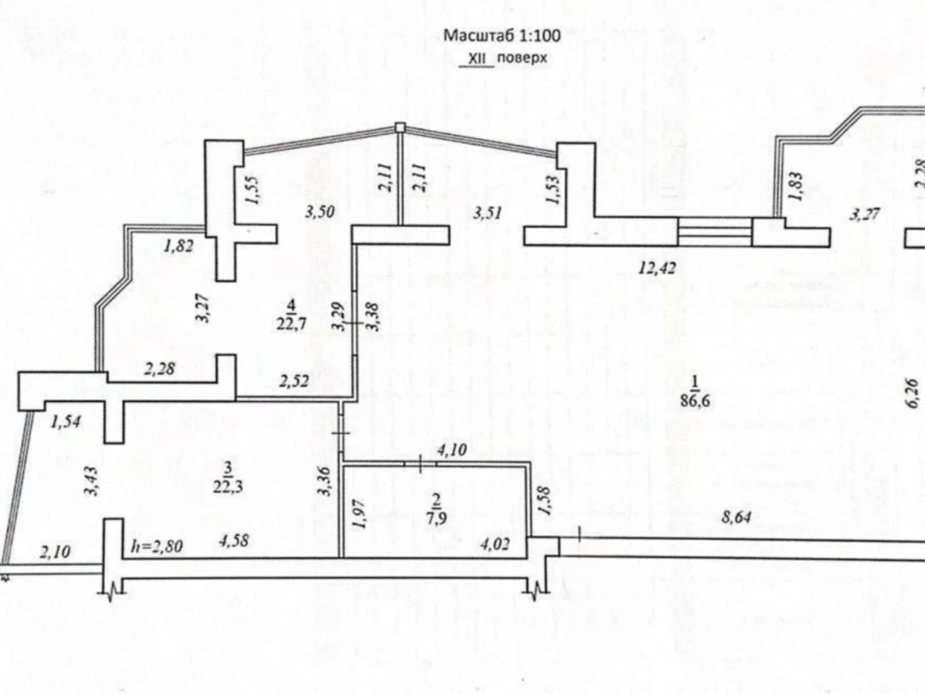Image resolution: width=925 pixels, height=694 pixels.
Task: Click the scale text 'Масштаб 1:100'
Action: coord(502,36)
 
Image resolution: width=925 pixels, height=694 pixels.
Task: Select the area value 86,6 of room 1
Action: coord(695,401)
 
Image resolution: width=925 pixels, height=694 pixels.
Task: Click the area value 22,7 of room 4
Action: coord(291,324)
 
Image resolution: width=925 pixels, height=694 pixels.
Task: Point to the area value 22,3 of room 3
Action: coord(228,487)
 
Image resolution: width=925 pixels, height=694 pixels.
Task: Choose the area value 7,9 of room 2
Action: coord(436,518)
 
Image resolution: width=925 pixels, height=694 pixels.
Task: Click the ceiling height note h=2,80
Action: coord(158,547)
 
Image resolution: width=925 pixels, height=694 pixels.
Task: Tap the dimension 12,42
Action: coord(657,267)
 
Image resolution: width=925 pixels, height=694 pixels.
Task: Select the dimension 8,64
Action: coord(736,517)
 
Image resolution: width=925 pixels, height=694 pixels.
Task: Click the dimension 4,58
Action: coord(233,541)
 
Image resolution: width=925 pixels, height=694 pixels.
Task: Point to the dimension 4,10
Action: coord(452,450)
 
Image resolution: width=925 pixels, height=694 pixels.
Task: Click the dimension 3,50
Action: coord(320,212)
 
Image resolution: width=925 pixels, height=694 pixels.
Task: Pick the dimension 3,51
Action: coord(487,213)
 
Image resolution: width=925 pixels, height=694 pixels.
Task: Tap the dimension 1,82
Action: coord(178,246)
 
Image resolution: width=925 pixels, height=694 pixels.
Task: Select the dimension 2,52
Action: coord(293,382)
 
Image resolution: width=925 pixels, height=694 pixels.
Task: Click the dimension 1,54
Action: coord(65,421)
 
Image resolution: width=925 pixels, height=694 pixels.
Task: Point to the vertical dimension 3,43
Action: coord(92,481)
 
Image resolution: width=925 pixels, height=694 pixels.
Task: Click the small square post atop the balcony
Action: coord(400,127)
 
